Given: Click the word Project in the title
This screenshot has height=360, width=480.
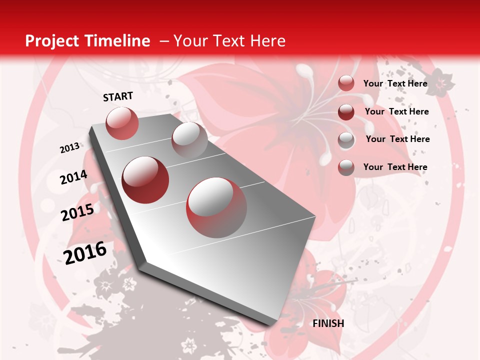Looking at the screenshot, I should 51,41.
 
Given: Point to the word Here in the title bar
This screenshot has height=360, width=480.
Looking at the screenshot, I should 267,41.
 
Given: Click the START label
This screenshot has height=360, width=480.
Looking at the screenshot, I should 118,96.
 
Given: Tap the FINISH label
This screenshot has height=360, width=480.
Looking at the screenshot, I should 328,323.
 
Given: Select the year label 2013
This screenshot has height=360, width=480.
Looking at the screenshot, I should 69,148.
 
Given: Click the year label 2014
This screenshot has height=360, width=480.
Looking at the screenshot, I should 73,177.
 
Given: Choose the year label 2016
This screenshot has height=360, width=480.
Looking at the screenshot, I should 85,252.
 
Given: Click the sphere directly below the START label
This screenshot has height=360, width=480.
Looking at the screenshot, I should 122,123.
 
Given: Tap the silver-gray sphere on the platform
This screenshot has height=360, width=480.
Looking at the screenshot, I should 189,140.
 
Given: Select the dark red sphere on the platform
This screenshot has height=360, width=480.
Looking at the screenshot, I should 145,180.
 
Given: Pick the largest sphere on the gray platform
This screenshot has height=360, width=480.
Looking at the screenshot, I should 216,207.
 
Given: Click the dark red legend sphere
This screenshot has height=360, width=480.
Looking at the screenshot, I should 346,112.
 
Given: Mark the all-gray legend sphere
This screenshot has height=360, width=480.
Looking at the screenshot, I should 346,140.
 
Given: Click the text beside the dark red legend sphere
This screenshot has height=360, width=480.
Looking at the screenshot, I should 396,111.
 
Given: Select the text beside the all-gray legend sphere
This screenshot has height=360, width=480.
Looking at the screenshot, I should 397,139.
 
